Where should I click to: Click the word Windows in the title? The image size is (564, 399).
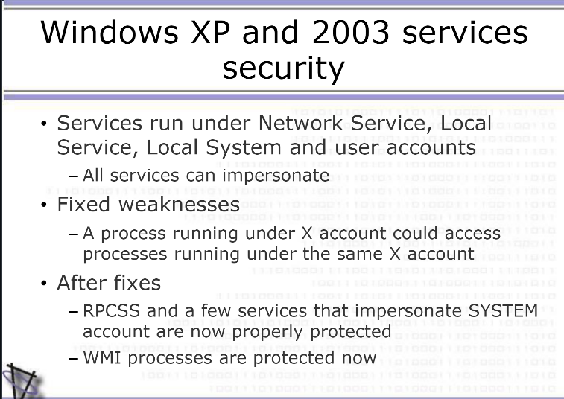(x=110, y=32)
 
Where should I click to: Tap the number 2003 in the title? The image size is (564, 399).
(x=351, y=32)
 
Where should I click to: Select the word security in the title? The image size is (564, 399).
(x=283, y=69)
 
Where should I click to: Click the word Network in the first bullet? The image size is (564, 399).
(x=301, y=123)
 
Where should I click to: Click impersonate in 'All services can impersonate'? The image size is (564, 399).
(x=276, y=176)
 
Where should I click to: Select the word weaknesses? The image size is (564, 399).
(x=179, y=205)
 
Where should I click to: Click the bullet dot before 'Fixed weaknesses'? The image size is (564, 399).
(x=44, y=205)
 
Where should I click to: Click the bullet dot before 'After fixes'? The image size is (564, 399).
(x=44, y=283)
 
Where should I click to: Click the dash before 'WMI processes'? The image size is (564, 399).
(x=73, y=359)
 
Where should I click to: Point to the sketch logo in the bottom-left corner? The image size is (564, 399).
(x=22, y=381)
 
